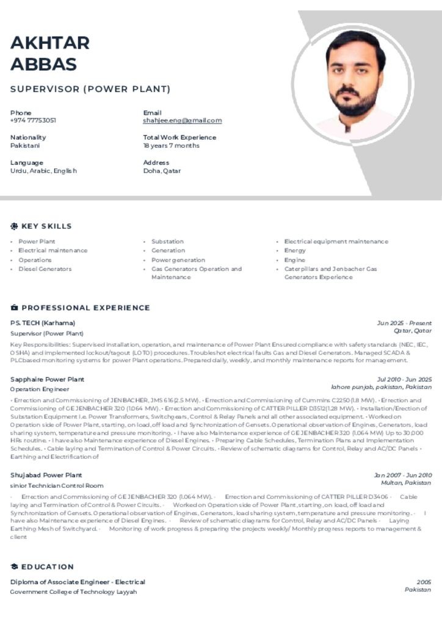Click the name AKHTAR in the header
point(50,43)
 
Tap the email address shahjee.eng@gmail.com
point(182,121)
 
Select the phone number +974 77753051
point(33,121)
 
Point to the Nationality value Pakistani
point(25,146)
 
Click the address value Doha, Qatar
point(162,171)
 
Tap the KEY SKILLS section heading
point(46,226)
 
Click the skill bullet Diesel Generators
point(45,269)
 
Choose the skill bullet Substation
point(167,242)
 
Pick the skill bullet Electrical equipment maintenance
point(336,242)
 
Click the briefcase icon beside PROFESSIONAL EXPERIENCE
point(14,308)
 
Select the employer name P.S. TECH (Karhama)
point(43,323)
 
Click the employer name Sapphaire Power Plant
point(47,380)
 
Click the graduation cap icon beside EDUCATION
point(14,567)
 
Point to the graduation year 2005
point(424,582)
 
